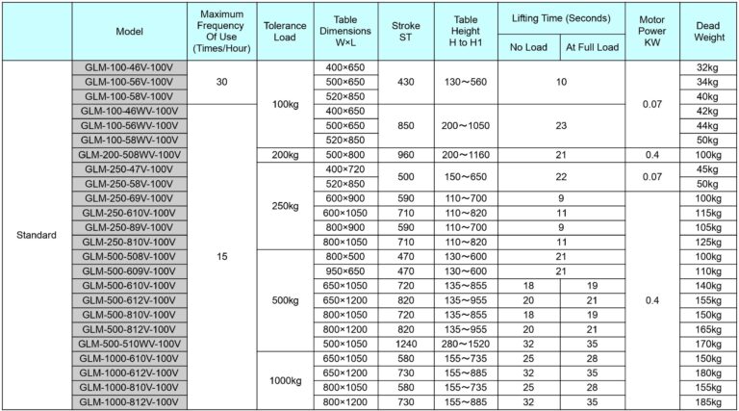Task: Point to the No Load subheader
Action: [528, 45]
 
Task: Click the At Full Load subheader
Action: [591, 45]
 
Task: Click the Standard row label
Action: [37, 235]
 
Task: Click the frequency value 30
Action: [222, 82]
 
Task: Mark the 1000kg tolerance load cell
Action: [287, 379]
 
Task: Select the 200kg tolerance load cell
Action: [287, 154]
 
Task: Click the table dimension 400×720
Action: [345, 168]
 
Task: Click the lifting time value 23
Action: [560, 125]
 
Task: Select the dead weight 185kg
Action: [708, 400]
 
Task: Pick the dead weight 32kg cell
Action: [708, 67]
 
